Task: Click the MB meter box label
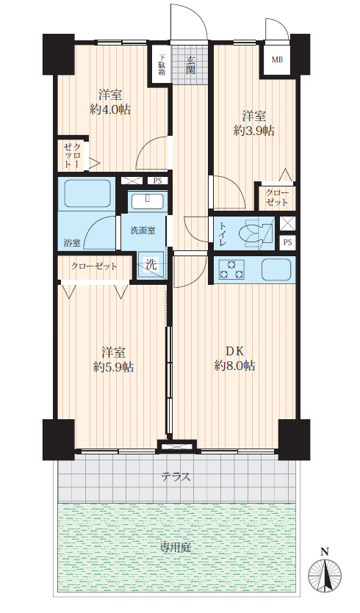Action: [277, 59]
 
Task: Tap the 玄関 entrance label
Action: [190, 65]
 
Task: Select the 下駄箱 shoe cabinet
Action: [161, 64]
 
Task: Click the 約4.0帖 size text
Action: [110, 109]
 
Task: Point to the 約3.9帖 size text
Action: [253, 131]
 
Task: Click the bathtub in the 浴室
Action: [87, 194]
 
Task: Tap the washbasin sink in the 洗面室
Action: [148, 201]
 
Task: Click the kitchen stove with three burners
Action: [231, 269]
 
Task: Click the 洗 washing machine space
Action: [151, 265]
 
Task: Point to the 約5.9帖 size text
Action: [113, 367]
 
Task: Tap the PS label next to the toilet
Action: [287, 242]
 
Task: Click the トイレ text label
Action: [223, 235]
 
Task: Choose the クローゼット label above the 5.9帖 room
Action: [94, 266]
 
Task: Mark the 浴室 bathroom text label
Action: [72, 243]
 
